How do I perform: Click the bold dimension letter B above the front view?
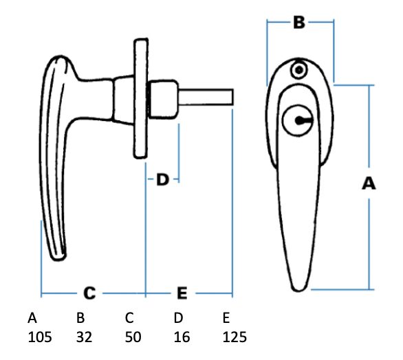point(299,23)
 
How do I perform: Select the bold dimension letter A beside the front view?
point(369,183)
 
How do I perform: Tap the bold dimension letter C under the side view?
point(89,293)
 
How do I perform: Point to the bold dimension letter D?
point(162,179)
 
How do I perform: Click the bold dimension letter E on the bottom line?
point(182,293)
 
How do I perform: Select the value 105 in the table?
point(40,337)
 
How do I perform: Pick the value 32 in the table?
point(84,337)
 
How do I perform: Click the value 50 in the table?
point(133,337)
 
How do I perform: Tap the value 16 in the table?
point(182,337)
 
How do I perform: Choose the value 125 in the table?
point(235,337)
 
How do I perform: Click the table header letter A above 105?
point(32,318)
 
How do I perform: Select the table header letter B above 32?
point(80,318)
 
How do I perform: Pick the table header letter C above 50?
point(129,318)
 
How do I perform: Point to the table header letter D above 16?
point(178,318)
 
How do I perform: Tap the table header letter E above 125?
point(226,318)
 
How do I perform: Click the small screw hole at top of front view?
point(299,70)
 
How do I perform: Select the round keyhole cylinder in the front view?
point(298,120)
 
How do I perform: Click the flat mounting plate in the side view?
point(140,98)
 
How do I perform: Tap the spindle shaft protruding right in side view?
point(206,97)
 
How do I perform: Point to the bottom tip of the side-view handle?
point(59,260)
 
